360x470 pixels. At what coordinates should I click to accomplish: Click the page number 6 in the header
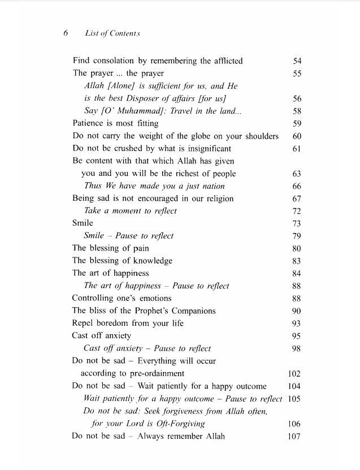66,33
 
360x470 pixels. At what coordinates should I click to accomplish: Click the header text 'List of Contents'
112,33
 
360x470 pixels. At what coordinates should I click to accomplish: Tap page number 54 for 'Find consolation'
297,61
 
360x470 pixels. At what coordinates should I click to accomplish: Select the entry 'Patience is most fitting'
115,123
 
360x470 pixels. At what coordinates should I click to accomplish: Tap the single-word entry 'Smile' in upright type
83,223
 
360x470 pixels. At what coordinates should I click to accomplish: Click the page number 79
297,236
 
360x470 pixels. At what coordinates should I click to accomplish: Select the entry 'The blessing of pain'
110,248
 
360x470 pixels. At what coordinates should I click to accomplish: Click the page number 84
297,274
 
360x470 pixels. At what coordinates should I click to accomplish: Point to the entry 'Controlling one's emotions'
122,298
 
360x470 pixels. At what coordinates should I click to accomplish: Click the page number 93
297,324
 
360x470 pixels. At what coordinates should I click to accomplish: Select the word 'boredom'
119,324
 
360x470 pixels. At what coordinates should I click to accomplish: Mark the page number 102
294,374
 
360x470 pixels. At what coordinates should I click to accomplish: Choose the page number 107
294,436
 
